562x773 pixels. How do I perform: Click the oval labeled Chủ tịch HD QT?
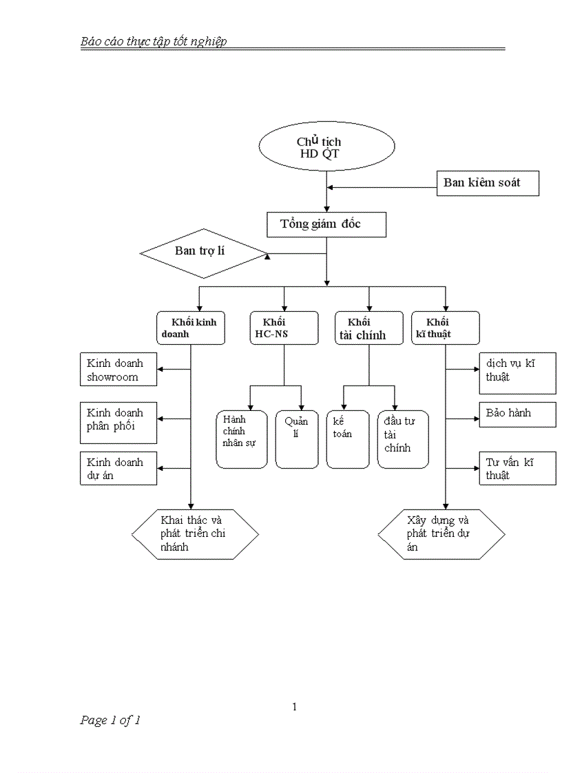[326, 147]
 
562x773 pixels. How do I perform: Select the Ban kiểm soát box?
[488, 183]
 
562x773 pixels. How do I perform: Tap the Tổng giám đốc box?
[326, 224]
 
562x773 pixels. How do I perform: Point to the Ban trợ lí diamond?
[203, 253]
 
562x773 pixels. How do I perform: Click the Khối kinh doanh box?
[190, 328]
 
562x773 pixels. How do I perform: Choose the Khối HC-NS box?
[284, 328]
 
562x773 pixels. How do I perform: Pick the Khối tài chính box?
[369, 328]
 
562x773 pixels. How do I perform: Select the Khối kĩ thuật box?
[445, 328]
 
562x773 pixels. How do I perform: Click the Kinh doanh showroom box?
[118, 370]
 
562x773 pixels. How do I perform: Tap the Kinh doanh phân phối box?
[118, 419]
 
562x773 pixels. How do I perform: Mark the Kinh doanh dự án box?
[118, 469]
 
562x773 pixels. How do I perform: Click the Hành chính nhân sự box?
[242, 439]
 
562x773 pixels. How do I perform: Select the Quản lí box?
[296, 439]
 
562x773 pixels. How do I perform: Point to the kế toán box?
[348, 439]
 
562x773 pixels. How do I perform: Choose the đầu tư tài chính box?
[403, 439]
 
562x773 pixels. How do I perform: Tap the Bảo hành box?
[517, 414]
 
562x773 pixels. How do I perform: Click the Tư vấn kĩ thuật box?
[517, 468]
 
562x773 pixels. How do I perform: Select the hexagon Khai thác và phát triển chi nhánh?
[196, 534]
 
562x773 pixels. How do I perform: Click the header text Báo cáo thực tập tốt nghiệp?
[154, 41]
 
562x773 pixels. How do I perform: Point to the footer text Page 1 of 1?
[110, 721]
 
